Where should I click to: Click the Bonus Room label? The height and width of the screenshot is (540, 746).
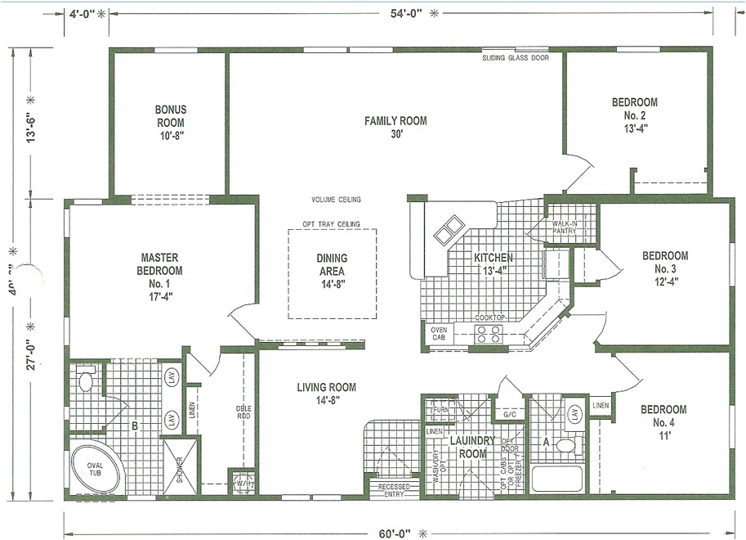click(171, 121)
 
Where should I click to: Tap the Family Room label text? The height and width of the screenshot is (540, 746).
click(395, 128)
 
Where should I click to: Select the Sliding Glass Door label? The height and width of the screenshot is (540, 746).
click(515, 59)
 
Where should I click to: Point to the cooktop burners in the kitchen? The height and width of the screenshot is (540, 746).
click(489, 333)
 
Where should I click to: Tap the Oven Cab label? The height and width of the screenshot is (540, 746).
click(439, 335)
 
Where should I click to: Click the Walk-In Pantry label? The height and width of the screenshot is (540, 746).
click(565, 227)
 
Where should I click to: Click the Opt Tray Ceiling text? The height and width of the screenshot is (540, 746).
click(331, 223)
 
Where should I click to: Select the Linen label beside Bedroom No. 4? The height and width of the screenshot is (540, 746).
click(601, 406)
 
